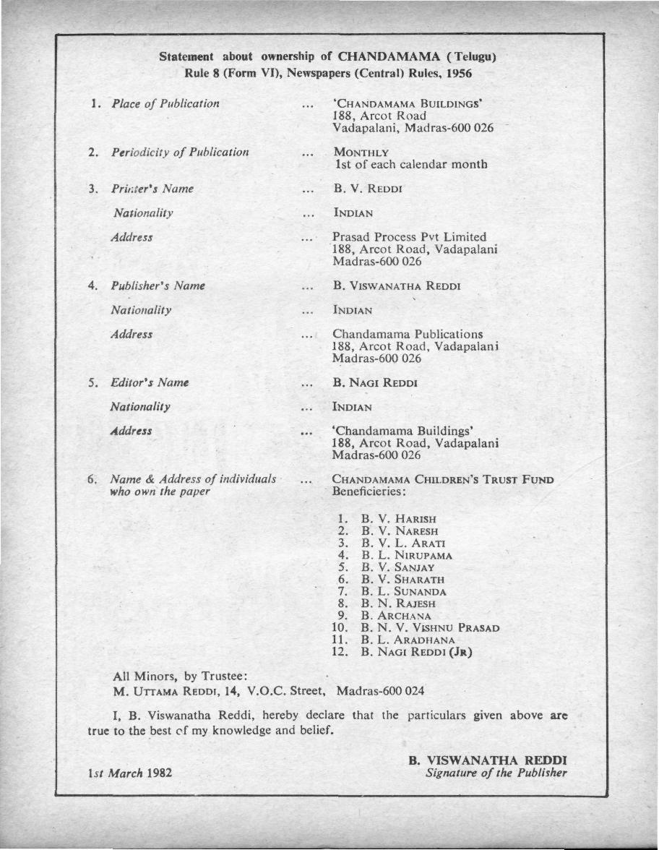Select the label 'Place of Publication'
coord(165,103)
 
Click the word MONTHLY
coord(361,153)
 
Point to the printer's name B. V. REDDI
coord(368,189)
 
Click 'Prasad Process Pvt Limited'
coord(409,237)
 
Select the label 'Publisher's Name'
coord(158,286)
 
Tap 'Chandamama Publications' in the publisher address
coord(408,335)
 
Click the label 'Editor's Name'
coord(150,382)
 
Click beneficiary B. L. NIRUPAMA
coord(407,555)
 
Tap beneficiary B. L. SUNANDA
coord(404,591)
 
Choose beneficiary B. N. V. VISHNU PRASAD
coord(430,627)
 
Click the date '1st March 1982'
coord(127,773)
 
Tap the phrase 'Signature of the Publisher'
coord(496,773)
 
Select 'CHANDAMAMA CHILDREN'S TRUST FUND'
coord(443,479)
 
